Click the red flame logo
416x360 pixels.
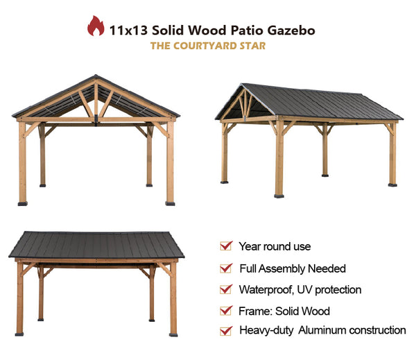click(x=96, y=26)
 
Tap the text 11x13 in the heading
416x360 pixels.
click(x=128, y=31)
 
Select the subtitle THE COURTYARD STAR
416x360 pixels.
click(x=208, y=46)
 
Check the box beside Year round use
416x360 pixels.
click(x=226, y=246)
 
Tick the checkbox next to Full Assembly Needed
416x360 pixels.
click(x=226, y=268)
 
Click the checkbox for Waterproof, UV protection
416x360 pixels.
click(x=226, y=289)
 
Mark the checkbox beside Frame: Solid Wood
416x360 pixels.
click(x=226, y=310)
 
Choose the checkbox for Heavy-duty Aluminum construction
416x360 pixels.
click(x=226, y=331)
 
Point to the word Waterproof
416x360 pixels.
click(x=266, y=290)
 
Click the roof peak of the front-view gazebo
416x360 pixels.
click(x=96, y=76)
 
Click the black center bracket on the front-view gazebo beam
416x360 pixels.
click(x=96, y=119)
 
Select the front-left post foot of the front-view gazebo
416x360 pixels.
click(x=23, y=204)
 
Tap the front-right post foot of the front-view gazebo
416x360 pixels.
click(x=170, y=204)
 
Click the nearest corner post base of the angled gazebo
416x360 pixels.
click(x=279, y=196)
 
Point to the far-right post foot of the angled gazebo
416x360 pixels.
click(x=392, y=185)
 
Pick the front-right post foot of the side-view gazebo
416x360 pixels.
click(x=173, y=334)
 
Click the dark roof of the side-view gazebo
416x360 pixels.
click(x=96, y=245)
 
